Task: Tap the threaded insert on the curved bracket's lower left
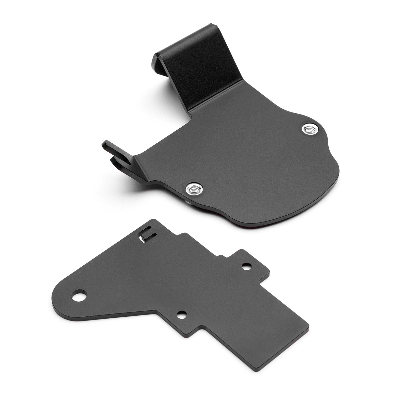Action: click(193, 188)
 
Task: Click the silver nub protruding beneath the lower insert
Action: click(188, 195)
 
